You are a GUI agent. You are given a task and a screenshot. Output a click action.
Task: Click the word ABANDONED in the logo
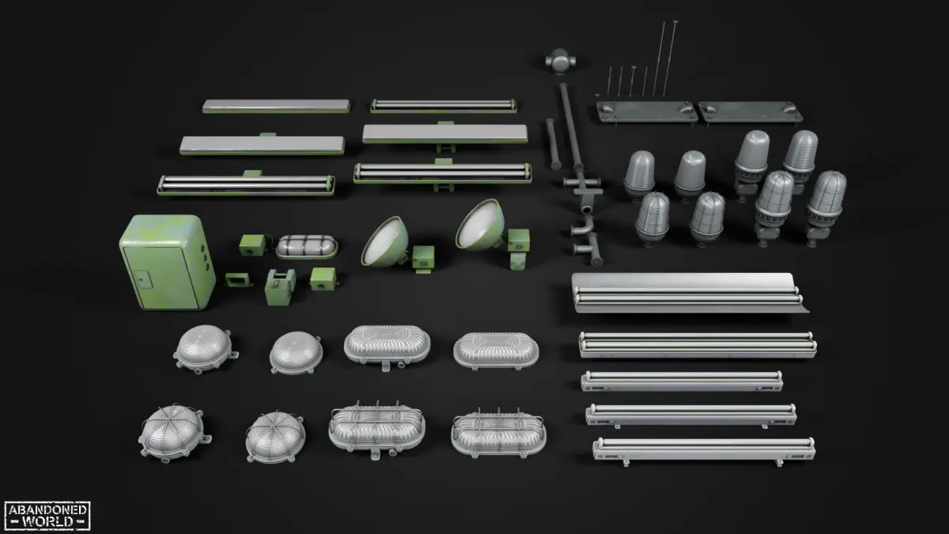47,509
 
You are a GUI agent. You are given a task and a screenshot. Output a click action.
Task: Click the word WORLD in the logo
47,521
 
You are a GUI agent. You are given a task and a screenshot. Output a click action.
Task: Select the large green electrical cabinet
168,262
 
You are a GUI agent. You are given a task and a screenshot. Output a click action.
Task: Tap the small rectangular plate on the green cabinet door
143,278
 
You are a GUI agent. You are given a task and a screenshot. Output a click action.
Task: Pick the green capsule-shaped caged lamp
307,247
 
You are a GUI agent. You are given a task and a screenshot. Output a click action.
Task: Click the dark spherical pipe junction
560,61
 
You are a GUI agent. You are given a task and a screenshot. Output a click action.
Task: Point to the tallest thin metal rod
671,58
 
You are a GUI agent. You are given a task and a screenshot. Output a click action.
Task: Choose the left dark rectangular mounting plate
647,112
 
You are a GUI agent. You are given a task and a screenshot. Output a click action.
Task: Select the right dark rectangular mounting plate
750,112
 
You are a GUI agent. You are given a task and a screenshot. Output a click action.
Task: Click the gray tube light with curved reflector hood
689,293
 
